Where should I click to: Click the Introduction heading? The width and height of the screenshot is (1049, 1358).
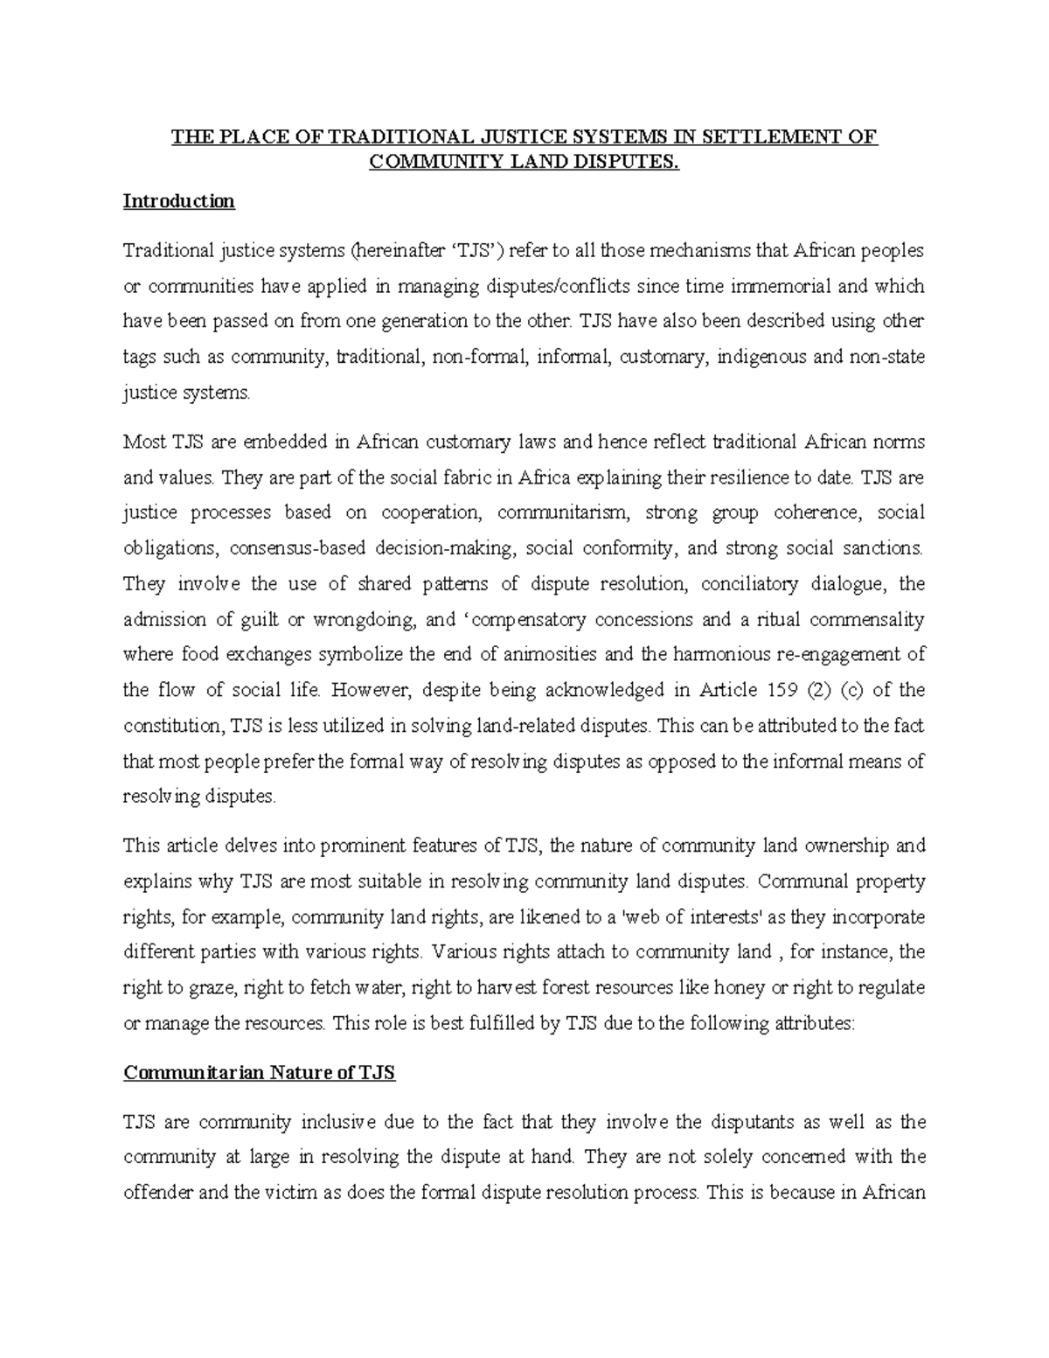[178, 201]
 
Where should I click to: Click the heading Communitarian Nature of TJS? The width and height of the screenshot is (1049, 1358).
[259, 1073]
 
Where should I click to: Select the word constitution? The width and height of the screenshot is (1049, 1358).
[172, 725]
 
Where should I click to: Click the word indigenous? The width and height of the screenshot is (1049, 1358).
[761, 357]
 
